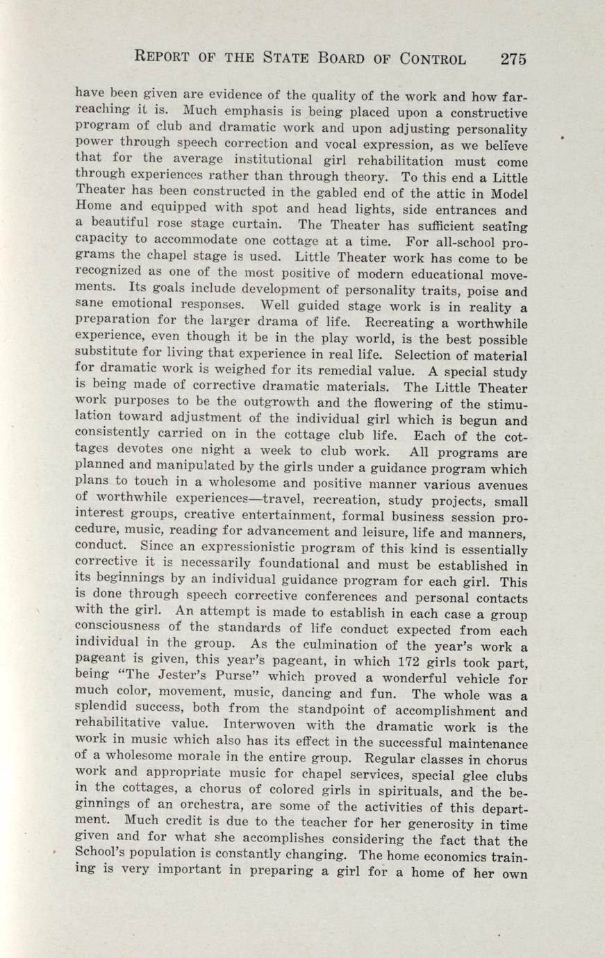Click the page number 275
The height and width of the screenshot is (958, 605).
click(x=513, y=58)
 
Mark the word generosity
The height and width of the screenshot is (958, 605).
click(x=417, y=823)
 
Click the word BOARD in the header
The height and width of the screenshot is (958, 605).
click(x=337, y=58)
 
